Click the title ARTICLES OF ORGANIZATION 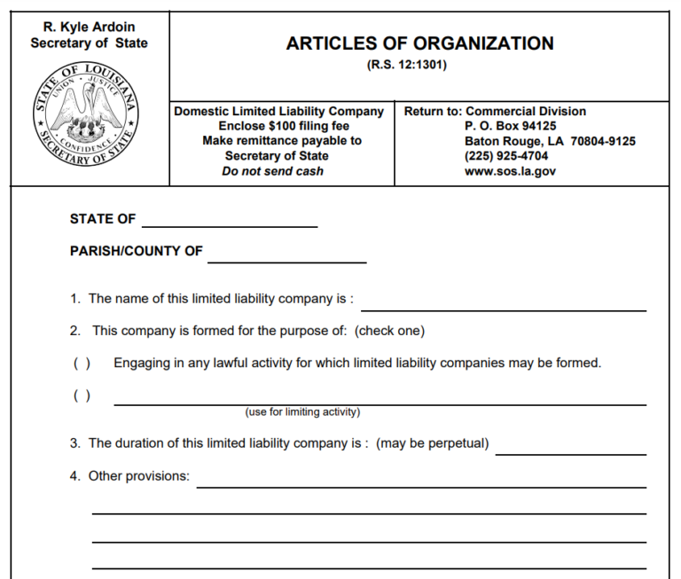click(x=419, y=44)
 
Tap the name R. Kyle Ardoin click(x=89, y=27)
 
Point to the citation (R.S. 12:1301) click(x=419, y=66)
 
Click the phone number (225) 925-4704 click(x=506, y=156)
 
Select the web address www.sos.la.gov click(x=510, y=171)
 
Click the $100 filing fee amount click(x=282, y=126)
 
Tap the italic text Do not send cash click(x=272, y=171)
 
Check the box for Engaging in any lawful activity click(x=82, y=363)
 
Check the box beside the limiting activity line click(x=82, y=395)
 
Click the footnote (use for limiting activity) click(x=302, y=412)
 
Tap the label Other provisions click(x=138, y=476)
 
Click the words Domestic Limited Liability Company click(x=278, y=112)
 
